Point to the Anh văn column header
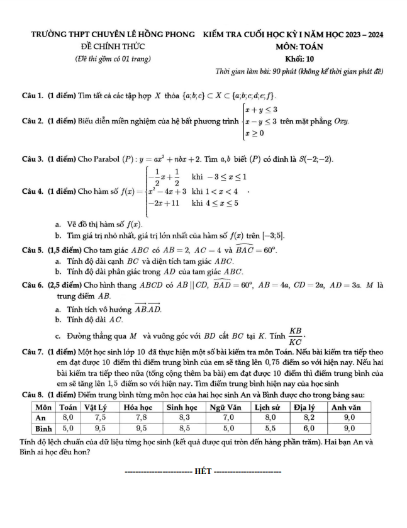[x=347, y=407]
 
